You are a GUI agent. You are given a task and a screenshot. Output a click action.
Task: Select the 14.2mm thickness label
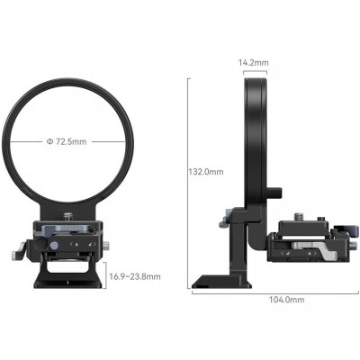(x=253, y=64)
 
